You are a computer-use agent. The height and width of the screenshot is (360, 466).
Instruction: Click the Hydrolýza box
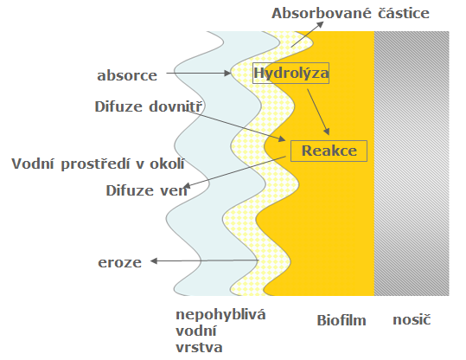(x=290, y=73)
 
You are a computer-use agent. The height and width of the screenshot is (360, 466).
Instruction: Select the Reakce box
(x=329, y=151)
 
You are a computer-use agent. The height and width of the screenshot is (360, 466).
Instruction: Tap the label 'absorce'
(x=127, y=75)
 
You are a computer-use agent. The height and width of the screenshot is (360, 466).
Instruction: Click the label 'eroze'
(x=120, y=262)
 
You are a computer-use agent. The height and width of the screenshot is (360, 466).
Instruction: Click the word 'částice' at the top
(x=404, y=13)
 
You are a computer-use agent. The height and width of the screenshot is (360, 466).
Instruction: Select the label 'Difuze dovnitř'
(x=149, y=106)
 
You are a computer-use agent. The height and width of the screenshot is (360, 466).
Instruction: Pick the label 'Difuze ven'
(x=146, y=190)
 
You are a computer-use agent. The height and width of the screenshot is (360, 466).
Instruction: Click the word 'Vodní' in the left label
(x=33, y=164)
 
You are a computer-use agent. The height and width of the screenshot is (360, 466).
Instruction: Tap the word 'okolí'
(x=167, y=164)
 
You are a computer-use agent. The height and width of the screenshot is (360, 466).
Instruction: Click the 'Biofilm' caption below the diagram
(x=342, y=320)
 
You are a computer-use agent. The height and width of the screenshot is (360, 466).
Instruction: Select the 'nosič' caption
(x=412, y=320)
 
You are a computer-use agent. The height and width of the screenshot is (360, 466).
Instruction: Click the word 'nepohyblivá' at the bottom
(x=220, y=315)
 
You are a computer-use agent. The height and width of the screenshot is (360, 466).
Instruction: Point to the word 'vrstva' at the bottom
(x=199, y=348)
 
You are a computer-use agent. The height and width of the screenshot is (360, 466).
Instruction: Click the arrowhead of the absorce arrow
(x=228, y=73)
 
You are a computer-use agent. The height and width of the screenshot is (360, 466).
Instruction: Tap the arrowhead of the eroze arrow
(x=154, y=261)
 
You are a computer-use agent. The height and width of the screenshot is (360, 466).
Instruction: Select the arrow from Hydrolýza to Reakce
(x=318, y=112)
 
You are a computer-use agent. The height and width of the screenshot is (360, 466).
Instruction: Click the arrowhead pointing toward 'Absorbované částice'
(x=321, y=24)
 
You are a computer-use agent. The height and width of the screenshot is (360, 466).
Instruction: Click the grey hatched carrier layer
(x=412, y=164)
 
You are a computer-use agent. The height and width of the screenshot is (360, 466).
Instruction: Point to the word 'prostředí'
(x=96, y=164)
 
